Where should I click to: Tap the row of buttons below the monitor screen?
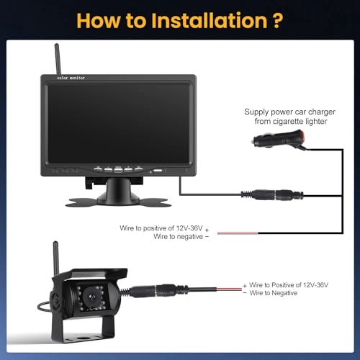tap(118, 171)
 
